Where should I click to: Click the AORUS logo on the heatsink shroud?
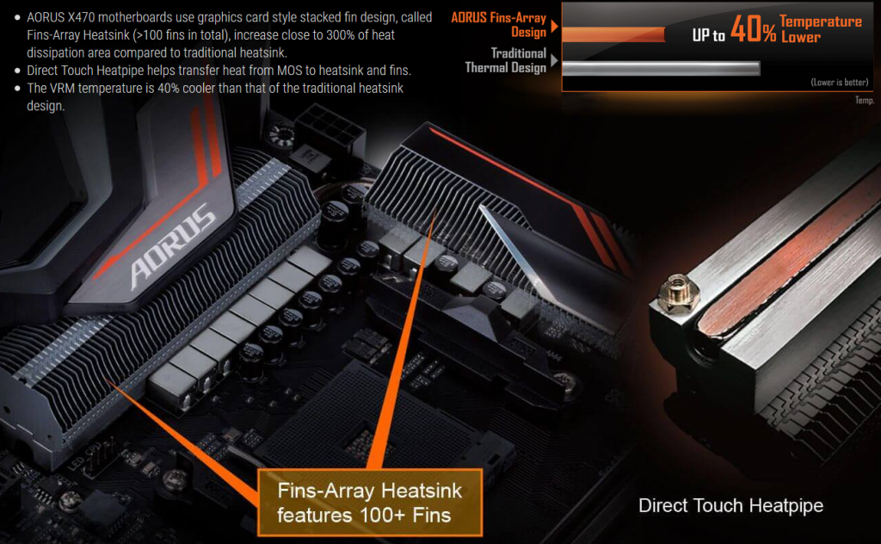[172, 245]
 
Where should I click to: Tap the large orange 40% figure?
[753, 29]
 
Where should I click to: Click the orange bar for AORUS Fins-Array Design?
[613, 34]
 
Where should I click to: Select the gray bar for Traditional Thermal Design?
[662, 69]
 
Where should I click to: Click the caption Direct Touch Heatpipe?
[730, 505]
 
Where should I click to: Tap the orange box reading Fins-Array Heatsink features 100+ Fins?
[370, 502]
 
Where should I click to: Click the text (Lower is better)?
[840, 82]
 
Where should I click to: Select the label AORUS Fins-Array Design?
[499, 25]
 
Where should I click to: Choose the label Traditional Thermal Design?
[506, 60]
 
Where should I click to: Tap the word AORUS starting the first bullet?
[46, 17]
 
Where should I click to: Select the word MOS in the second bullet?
[290, 71]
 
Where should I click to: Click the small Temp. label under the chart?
[865, 100]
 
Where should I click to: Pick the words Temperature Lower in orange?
[820, 29]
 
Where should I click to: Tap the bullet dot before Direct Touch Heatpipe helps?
[17, 71]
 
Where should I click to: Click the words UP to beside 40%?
[709, 35]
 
